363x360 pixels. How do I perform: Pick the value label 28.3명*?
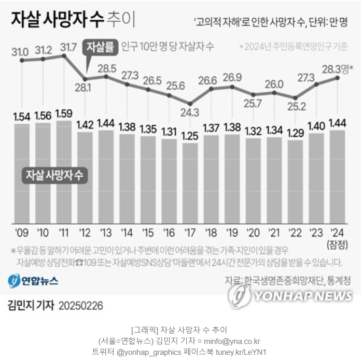[338, 69]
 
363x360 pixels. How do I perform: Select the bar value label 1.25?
[190, 136]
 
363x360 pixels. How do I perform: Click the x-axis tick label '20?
[254, 231]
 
